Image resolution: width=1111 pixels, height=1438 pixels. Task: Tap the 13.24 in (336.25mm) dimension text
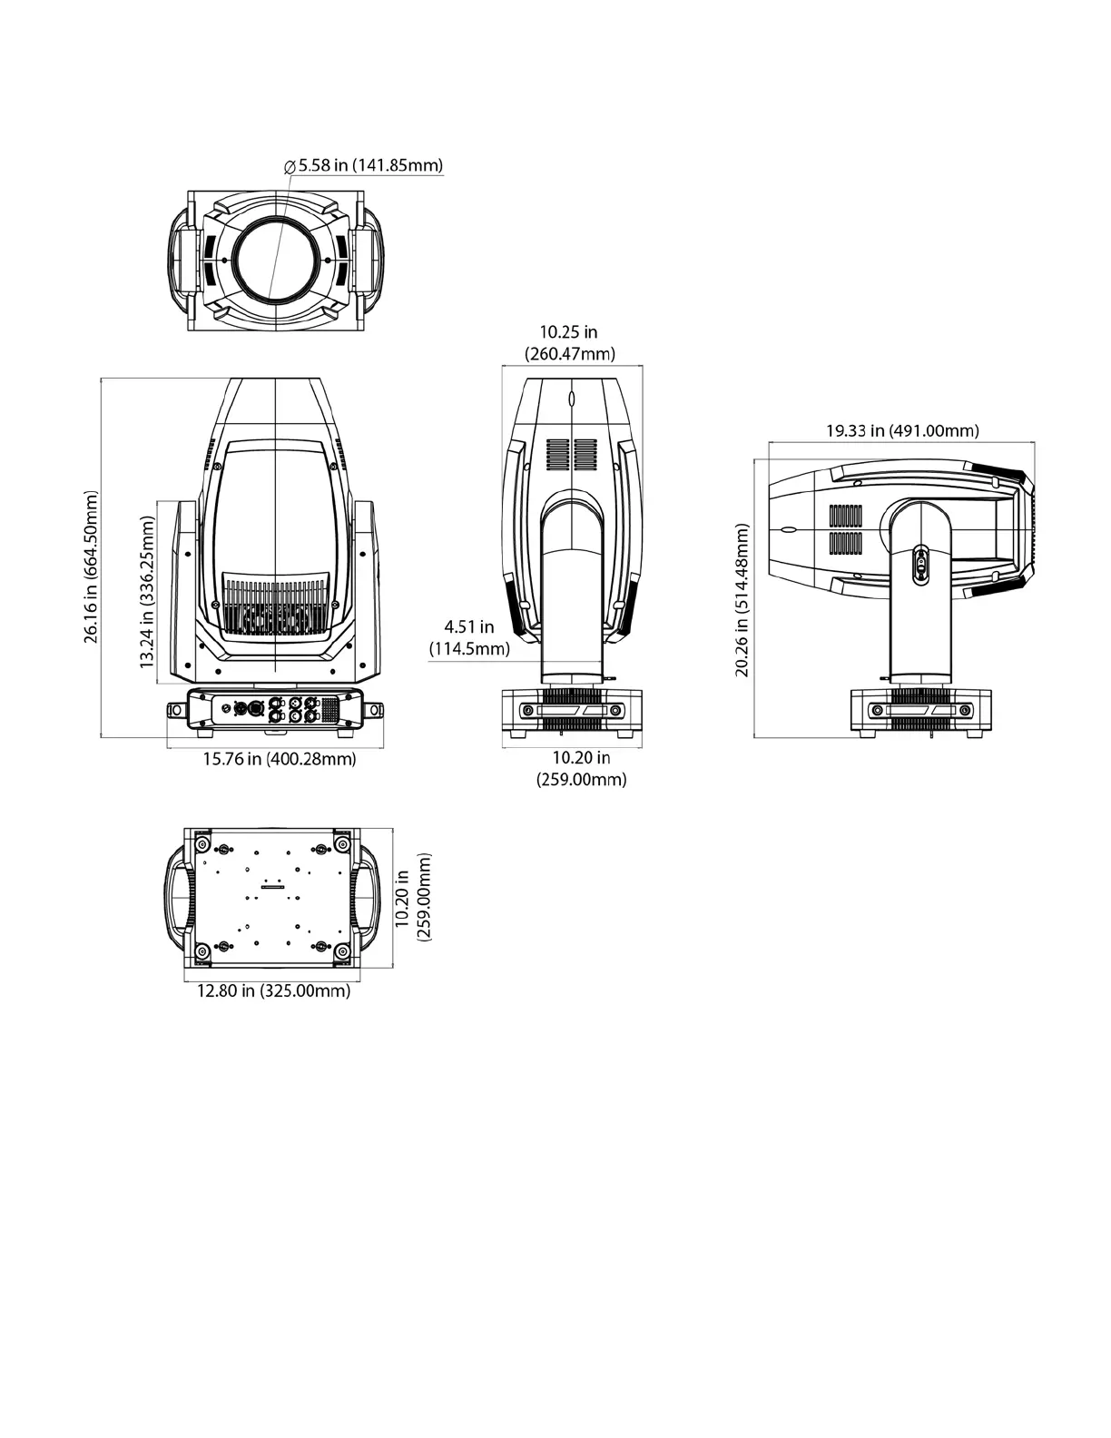coord(147,592)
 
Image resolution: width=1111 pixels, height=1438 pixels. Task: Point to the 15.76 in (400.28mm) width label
coord(279,759)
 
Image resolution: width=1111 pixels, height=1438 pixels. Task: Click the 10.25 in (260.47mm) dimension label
coord(570,343)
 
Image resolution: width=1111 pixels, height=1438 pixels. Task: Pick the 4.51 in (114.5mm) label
coord(469,637)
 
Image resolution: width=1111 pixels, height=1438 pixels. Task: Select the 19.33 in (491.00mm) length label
coord(901,429)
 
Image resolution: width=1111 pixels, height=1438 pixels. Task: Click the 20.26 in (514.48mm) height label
coord(742,599)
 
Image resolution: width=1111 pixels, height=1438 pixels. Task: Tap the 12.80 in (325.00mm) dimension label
coord(273,990)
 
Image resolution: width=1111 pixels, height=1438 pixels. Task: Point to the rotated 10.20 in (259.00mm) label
coord(413,897)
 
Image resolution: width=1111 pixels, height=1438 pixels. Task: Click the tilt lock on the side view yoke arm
coord(919,563)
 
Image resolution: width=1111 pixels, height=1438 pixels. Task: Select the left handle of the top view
coord(179,260)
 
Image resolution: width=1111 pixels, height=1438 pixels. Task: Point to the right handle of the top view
coord(371,260)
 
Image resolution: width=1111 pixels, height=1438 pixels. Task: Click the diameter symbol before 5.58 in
coord(289,166)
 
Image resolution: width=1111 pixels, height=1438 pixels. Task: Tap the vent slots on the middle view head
coord(572,454)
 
